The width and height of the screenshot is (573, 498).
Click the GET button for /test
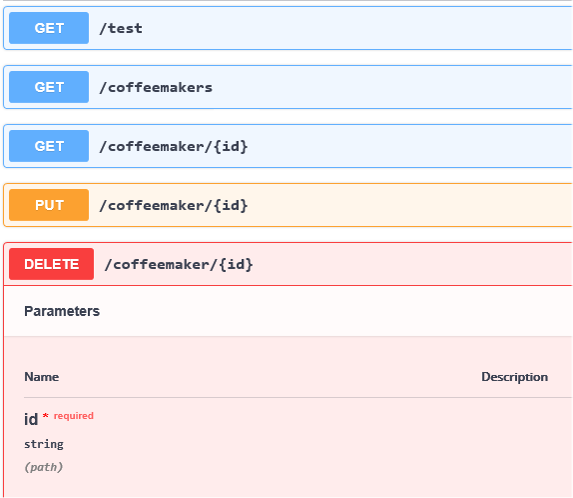pyautogui.click(x=49, y=28)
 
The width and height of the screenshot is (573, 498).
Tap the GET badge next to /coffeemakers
pyautogui.click(x=49, y=87)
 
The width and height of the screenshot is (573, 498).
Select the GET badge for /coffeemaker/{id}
pyautogui.click(x=49, y=146)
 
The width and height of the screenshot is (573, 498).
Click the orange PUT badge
pyautogui.click(x=49, y=205)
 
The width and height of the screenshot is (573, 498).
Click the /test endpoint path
pyautogui.click(x=121, y=28)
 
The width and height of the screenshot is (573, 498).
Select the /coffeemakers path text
pyautogui.click(x=156, y=88)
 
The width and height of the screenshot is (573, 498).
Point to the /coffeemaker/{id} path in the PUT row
pyautogui.click(x=174, y=205)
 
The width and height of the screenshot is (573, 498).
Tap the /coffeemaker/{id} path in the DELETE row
pyautogui.click(x=179, y=264)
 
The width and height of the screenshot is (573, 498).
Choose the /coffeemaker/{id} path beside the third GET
pyautogui.click(x=174, y=146)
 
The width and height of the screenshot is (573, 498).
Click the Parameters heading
pyautogui.click(x=62, y=311)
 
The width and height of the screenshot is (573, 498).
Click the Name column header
pyautogui.click(x=42, y=377)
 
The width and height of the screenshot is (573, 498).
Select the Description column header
pyautogui.click(x=514, y=377)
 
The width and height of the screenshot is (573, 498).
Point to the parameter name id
pyautogui.click(x=31, y=419)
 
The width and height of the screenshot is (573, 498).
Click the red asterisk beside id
pyautogui.click(x=46, y=415)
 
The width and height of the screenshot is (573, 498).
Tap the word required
pyautogui.click(x=74, y=416)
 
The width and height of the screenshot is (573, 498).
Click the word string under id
pyautogui.click(x=44, y=445)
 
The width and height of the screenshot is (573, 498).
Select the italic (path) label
pyautogui.click(x=44, y=467)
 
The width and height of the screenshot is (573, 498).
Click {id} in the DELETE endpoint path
pyautogui.click(x=236, y=264)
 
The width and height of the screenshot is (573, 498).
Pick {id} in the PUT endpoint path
pyautogui.click(x=231, y=205)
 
